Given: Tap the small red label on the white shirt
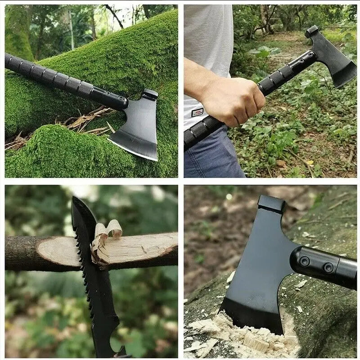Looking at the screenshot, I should (x=197, y=112).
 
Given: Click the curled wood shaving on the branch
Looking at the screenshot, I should (x=108, y=229).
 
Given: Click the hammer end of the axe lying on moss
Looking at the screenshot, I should (x=150, y=94).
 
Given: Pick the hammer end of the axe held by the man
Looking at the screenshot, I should (x=311, y=31).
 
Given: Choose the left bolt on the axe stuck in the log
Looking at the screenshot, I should (x=305, y=261).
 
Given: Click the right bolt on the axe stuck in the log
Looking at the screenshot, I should (x=328, y=268).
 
